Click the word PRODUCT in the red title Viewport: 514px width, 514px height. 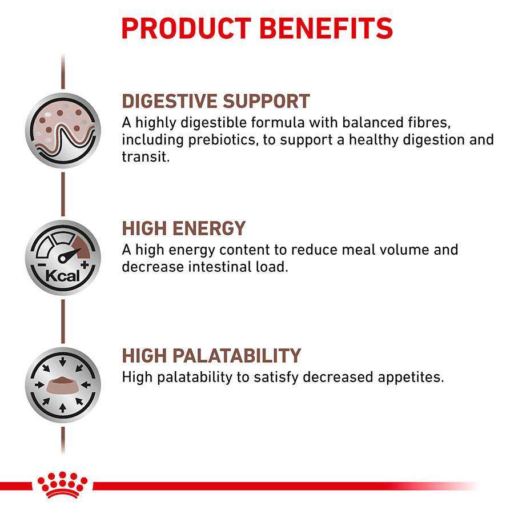(186, 29)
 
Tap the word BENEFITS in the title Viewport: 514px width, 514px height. (327, 29)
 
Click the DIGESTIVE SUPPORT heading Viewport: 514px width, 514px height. (216, 101)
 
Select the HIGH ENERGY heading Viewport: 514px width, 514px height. (183, 228)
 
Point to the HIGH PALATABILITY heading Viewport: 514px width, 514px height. (211, 355)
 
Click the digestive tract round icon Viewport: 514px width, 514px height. (63, 130)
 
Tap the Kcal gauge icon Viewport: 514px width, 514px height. (63, 258)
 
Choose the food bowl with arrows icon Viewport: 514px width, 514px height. (63, 385)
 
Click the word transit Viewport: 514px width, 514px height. (146, 156)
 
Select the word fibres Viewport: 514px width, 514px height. (429, 123)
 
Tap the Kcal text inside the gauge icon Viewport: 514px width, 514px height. (62, 276)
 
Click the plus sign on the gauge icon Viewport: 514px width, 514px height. (85, 264)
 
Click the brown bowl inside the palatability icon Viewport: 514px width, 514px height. (63, 385)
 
